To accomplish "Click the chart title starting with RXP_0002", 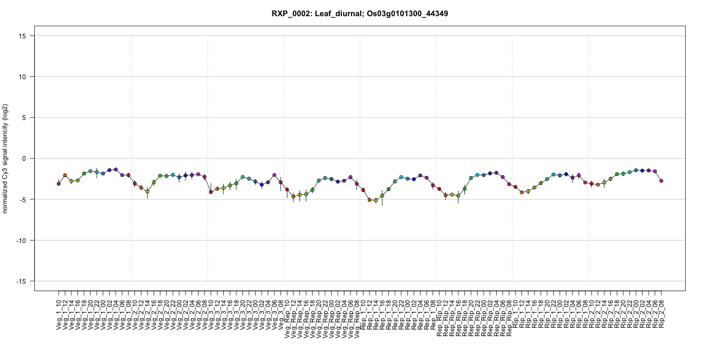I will pos(360,13).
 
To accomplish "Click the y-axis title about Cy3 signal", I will pos(7,158).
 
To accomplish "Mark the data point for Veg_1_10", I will pos(58,184).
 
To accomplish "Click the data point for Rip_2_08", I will pos(661,181).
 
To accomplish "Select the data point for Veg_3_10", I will pos(211,192).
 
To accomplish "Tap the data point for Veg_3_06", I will pos(274,175).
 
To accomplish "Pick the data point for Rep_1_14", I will pos(376,200).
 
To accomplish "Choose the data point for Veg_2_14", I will pos(148,192).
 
